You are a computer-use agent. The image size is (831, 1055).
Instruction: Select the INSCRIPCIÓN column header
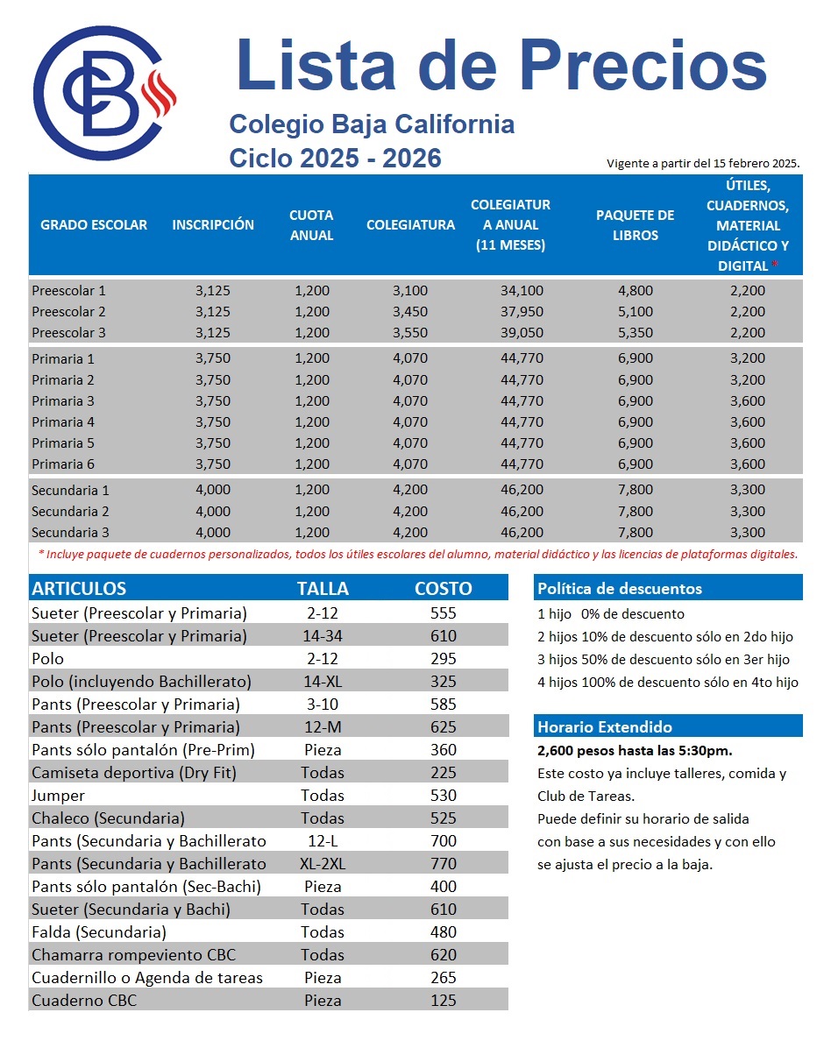coord(213,224)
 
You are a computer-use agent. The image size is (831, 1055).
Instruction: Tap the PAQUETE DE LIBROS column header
coord(635,224)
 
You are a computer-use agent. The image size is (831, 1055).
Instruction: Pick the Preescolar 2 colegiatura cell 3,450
coord(410,312)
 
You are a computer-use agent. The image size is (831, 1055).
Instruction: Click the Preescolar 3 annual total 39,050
coord(522,333)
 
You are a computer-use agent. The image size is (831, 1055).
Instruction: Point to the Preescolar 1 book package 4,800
coord(636,291)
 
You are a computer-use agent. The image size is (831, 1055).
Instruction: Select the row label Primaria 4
coord(63,422)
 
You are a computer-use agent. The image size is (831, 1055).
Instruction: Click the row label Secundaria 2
coord(70,512)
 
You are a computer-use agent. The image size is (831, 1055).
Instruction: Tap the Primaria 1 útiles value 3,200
coord(748,358)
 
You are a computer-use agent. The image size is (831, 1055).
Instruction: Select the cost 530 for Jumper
coord(444,796)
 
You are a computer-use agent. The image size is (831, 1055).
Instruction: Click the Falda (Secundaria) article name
coord(98,932)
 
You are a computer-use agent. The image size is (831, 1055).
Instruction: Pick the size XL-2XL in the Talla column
coord(323,864)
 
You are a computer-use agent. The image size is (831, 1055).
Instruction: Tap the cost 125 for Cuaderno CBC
coord(444,1001)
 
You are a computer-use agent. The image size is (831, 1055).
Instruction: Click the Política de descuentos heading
coord(619,589)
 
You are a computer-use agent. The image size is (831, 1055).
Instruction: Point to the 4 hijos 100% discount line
coord(667,683)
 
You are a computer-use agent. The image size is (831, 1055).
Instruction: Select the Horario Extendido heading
coord(605,727)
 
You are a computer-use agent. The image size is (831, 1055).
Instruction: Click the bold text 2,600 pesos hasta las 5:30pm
coord(635,751)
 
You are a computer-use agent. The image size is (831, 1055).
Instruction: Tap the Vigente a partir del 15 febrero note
coord(703,164)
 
